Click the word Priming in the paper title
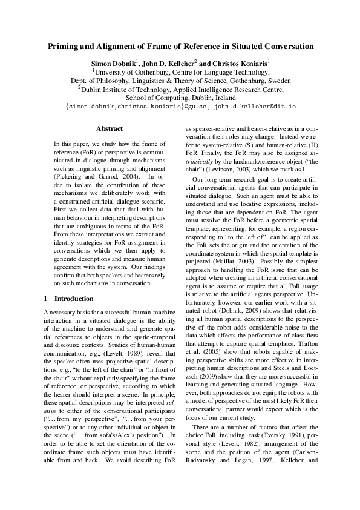[65, 47]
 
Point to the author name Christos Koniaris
[240, 63]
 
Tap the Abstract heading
[110, 128]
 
